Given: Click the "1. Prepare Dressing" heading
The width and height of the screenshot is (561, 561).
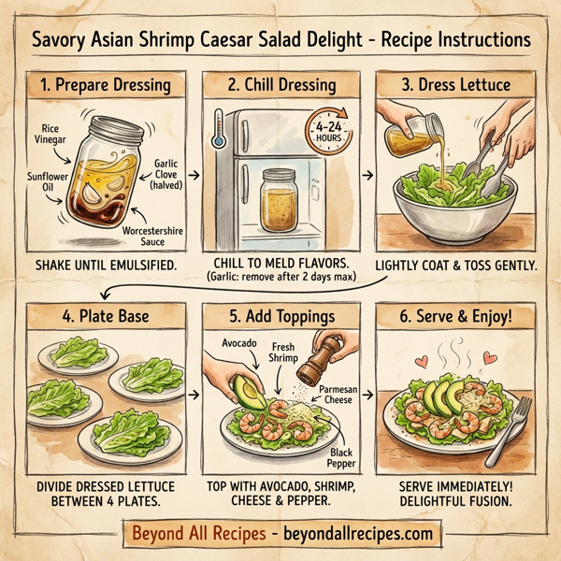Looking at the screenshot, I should click(x=105, y=86).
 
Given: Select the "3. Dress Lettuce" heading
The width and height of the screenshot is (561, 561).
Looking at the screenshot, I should click(x=456, y=86).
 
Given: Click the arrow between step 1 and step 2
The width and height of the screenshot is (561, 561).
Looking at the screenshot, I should click(x=194, y=174).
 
